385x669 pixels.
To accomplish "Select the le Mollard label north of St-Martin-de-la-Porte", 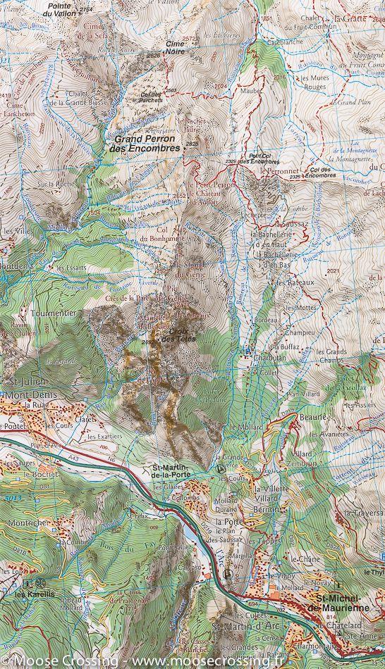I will pyautogui.click(x=242, y=427).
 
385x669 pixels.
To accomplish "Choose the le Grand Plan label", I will pyautogui.click(x=348, y=102).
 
